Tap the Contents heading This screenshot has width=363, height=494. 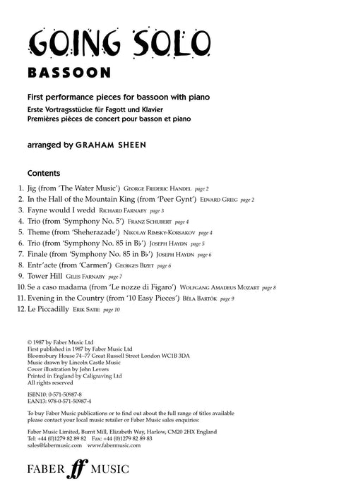point(44,173)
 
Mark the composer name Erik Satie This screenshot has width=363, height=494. point(88,310)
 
